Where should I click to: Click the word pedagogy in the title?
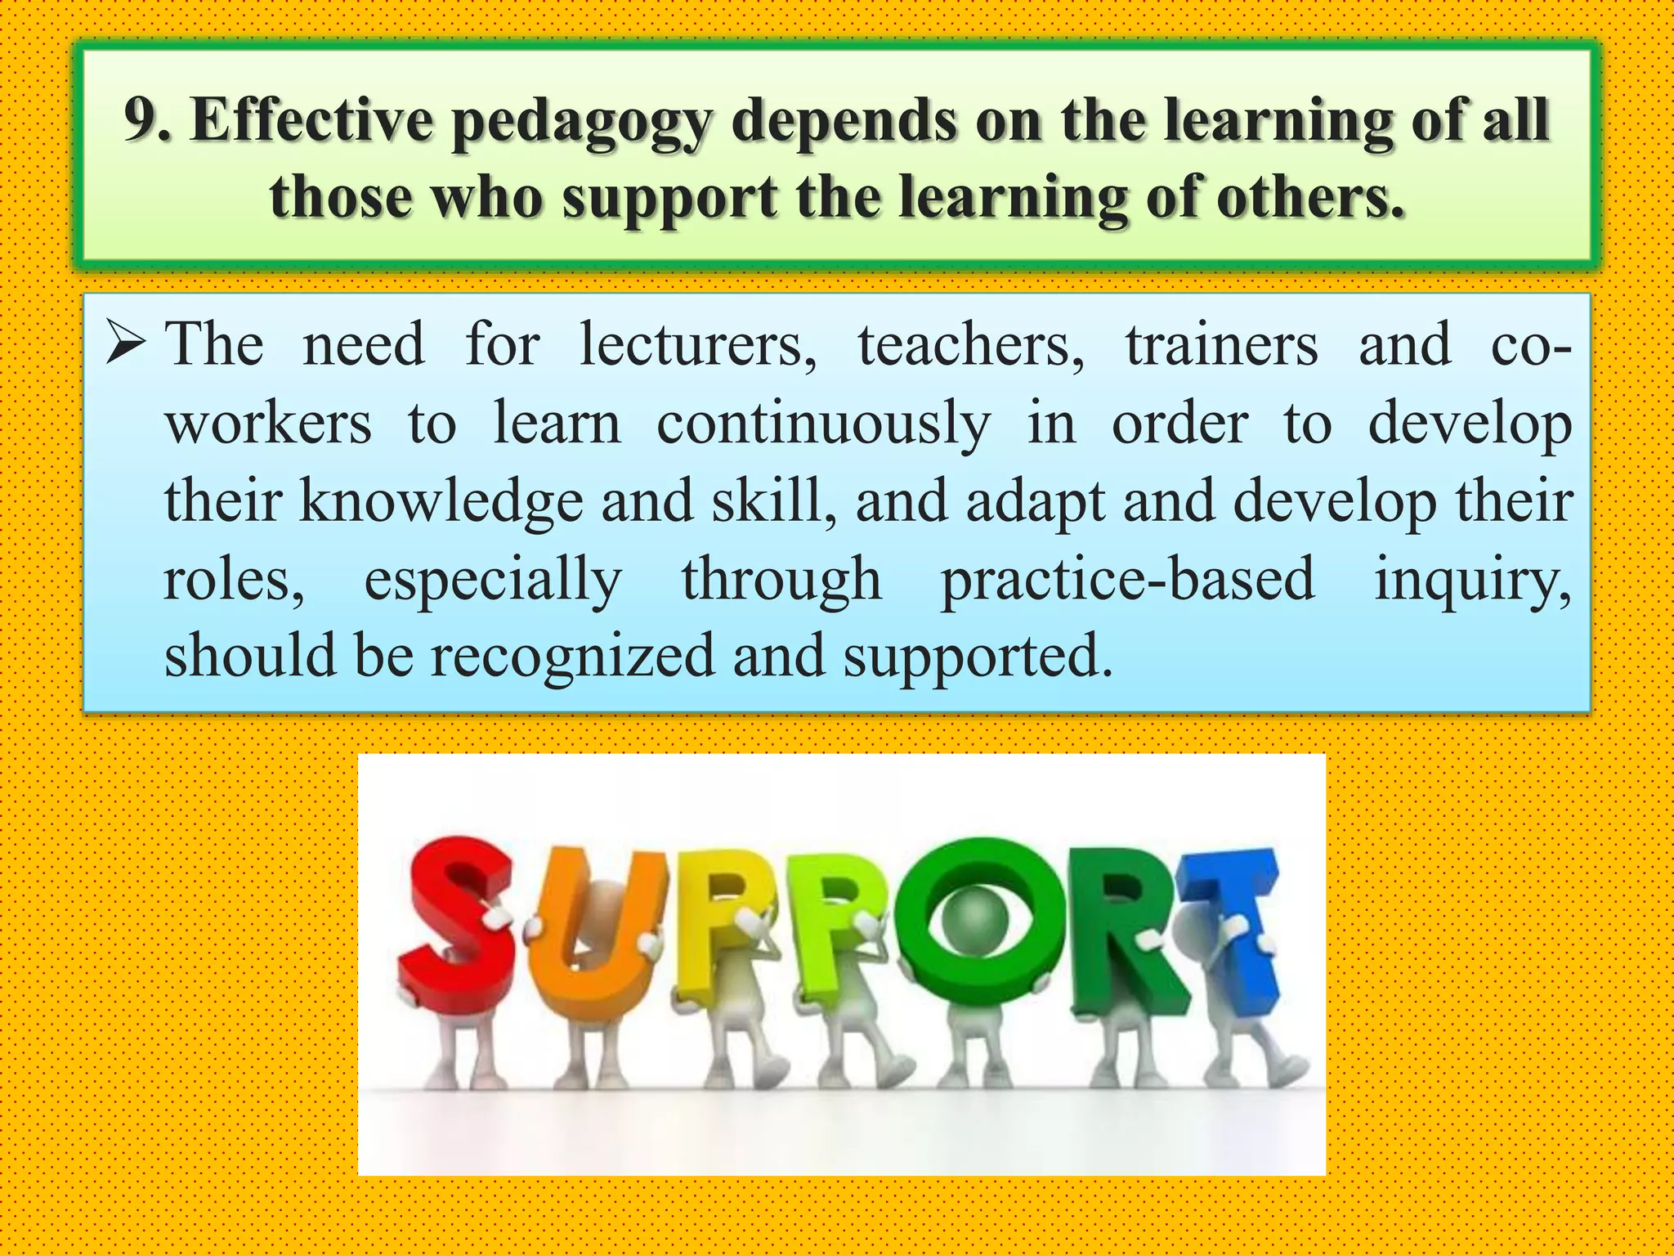pyautogui.click(x=582, y=123)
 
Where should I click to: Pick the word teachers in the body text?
pyautogui.click(x=970, y=346)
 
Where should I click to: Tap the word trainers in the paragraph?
pyautogui.click(x=1221, y=346)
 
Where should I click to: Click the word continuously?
pyautogui.click(x=823, y=425)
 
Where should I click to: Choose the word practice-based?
pyautogui.click(x=1128, y=579)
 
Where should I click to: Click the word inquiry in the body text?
pyautogui.click(x=1471, y=579)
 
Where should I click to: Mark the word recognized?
pyautogui.click(x=572, y=656)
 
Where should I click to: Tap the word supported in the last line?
pyautogui.click(x=978, y=657)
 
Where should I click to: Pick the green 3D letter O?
pyautogui.click(x=977, y=920)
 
